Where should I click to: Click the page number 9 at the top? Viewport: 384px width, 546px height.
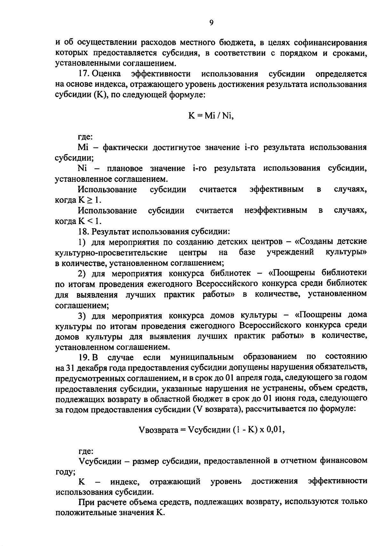coord(211,22)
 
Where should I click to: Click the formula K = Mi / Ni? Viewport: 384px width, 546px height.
coord(211,116)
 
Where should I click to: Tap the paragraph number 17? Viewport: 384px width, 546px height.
coord(85,74)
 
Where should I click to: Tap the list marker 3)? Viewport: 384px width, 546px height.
coord(82,316)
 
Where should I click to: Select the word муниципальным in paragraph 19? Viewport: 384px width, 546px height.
coord(202,357)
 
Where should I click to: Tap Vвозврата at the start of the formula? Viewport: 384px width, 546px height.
coord(158,430)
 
